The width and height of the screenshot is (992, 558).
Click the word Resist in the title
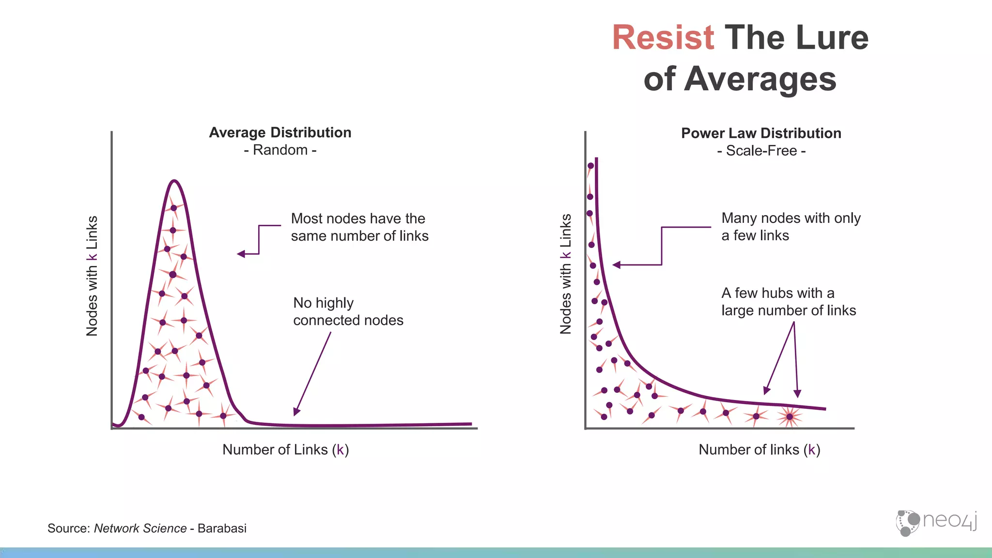(663, 38)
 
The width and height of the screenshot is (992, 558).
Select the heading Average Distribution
(280, 132)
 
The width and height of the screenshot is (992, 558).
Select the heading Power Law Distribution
(761, 133)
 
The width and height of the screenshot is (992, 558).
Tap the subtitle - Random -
(280, 150)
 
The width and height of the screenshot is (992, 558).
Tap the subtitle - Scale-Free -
(761, 151)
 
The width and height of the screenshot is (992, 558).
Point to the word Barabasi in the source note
(222, 528)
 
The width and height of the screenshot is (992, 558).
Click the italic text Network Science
(140, 528)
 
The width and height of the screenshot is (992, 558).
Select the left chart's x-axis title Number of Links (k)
(285, 450)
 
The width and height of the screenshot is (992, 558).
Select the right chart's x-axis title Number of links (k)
(759, 450)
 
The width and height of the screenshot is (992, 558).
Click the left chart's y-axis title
(92, 276)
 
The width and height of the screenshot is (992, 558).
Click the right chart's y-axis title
(566, 274)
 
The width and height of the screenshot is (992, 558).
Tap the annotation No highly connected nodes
(348, 311)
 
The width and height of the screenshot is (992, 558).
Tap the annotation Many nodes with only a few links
(790, 227)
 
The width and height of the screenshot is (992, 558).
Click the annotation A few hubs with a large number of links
(788, 302)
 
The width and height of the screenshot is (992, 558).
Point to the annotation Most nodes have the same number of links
(359, 227)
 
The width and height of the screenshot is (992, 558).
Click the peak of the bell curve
(174, 181)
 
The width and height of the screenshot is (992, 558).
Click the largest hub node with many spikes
(790, 417)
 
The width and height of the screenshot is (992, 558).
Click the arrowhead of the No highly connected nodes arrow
(296, 412)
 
